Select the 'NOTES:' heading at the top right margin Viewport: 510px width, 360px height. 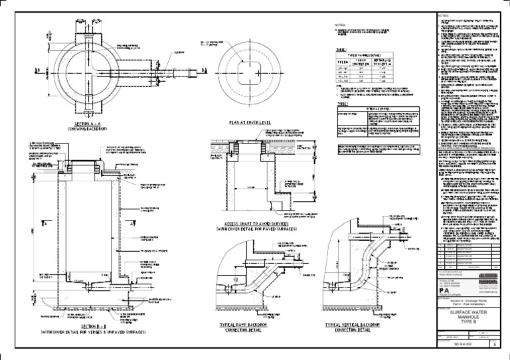click(x=444, y=15)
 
